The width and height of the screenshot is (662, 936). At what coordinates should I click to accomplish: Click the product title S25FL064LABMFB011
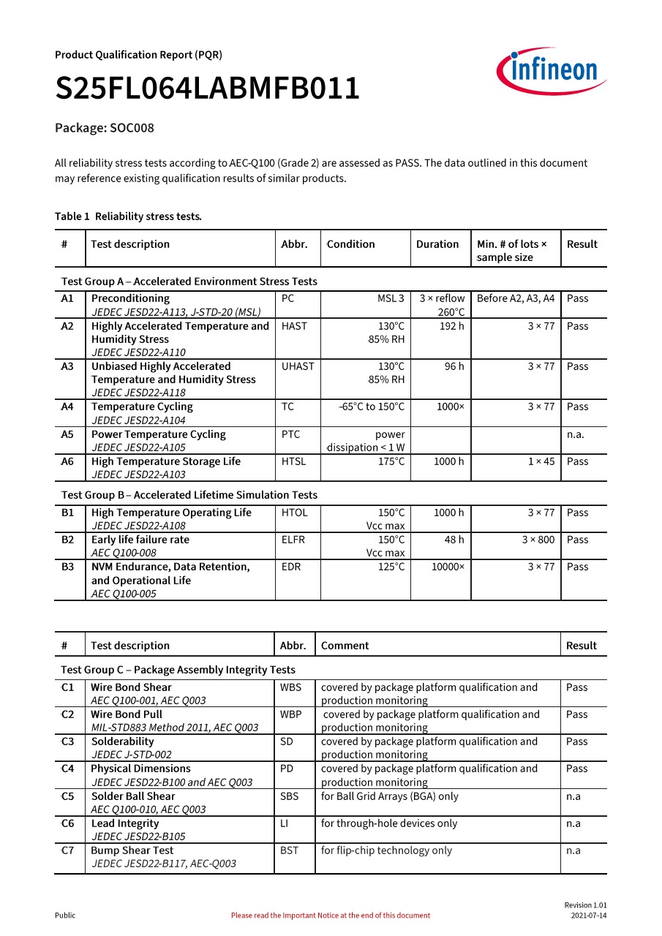pos(208,89)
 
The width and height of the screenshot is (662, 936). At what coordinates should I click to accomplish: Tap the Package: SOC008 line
pos(105,128)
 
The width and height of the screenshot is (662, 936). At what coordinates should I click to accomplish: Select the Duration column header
pos(437,244)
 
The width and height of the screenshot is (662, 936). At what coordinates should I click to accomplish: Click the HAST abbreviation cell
pos(294,326)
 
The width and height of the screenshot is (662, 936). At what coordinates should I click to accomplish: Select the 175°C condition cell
pos(391,461)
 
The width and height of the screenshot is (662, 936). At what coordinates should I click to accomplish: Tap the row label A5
pos(67,434)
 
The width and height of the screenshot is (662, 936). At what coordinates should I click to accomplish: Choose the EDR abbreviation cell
pos(291,567)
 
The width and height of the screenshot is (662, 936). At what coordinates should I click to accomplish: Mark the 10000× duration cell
pos(446,567)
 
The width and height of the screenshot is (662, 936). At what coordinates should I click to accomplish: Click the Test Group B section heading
pos(189,495)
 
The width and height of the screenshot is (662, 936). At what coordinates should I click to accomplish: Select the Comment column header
pos(345,646)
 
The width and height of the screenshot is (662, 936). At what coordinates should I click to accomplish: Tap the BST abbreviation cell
pos(290,850)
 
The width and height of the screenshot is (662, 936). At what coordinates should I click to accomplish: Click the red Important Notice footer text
pos(331,916)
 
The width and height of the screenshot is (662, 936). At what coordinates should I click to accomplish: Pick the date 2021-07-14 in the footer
pos(589,916)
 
